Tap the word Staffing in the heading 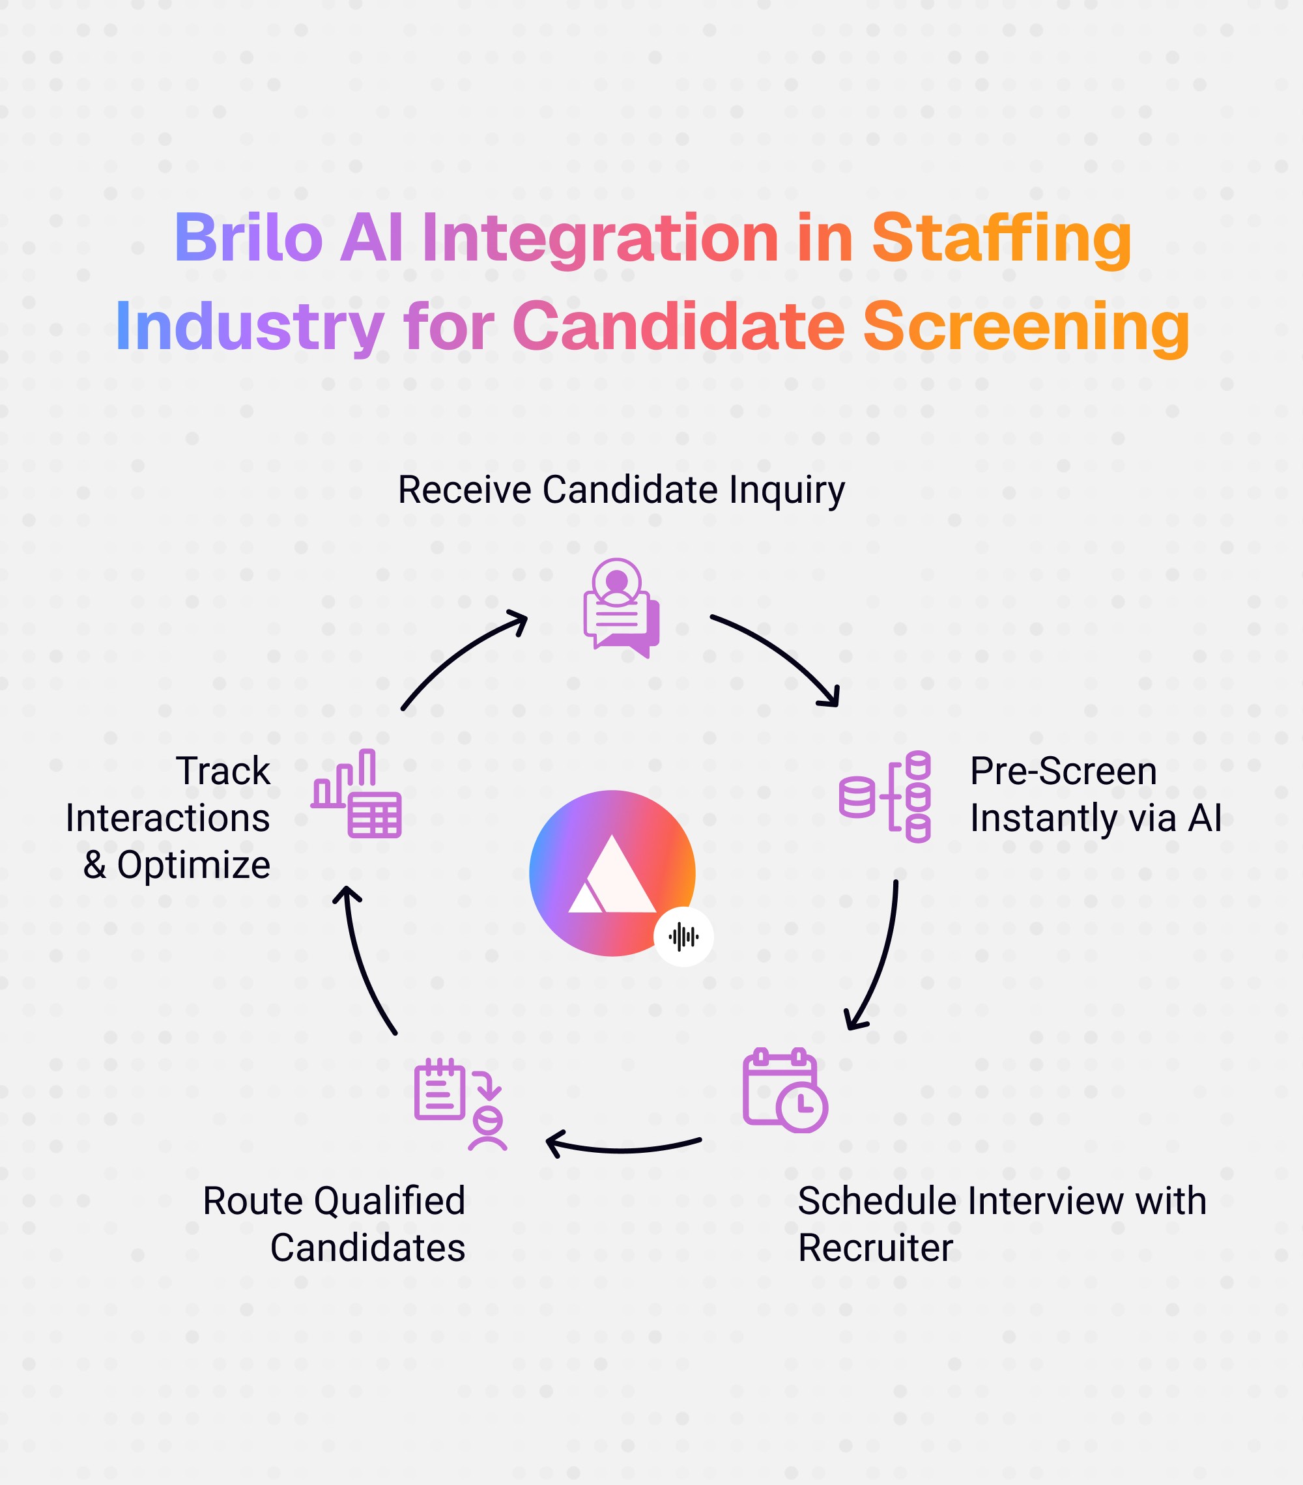click(1001, 240)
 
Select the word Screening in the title click(1026, 328)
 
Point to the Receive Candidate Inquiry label click(622, 490)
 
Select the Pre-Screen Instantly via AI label click(1095, 794)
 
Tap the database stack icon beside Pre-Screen click(885, 797)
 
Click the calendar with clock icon click(785, 1090)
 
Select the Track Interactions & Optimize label click(169, 817)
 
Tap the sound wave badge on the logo click(683, 937)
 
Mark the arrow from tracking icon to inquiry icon click(458, 654)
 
